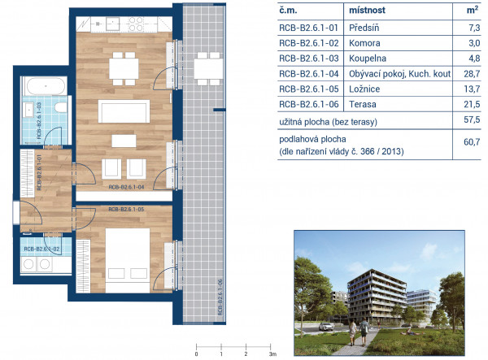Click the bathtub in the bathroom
(x=46, y=86)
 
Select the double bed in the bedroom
(x=128, y=261)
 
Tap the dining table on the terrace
(x=208, y=69)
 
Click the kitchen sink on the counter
(x=112, y=24)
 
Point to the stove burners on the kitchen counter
(x=136, y=24)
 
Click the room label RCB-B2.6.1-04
(x=126, y=187)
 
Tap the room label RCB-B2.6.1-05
(x=126, y=209)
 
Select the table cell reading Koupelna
(x=368, y=59)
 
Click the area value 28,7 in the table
(x=472, y=74)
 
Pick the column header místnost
(x=367, y=11)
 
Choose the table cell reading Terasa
(x=363, y=104)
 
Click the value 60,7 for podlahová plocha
(x=472, y=142)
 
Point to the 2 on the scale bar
(x=246, y=353)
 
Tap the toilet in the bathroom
(x=61, y=107)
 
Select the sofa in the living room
(x=124, y=111)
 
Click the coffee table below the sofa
(x=124, y=141)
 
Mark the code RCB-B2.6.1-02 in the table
(x=309, y=43)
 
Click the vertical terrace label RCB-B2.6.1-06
(x=220, y=297)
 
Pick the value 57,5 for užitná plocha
(x=472, y=119)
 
